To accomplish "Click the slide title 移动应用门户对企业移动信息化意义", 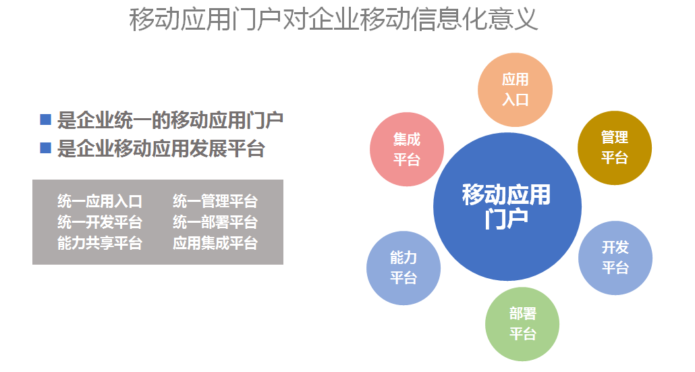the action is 334,19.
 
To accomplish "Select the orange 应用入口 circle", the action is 515,90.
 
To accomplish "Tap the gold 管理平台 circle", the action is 615,148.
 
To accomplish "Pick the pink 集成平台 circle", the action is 407,149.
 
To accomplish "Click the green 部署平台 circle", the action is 522,324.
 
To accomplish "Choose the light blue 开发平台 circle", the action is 615,258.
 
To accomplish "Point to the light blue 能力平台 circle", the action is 404,268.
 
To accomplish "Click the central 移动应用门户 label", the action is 506,207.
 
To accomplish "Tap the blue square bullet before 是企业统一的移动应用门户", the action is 46,119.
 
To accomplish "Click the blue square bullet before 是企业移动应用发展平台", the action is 46,148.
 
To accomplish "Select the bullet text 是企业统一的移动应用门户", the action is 170,120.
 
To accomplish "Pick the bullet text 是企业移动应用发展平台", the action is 161,149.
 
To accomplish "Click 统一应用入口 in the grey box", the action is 100,201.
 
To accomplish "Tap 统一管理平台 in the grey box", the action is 215,201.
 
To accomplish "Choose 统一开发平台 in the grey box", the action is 100,221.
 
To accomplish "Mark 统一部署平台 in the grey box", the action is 215,221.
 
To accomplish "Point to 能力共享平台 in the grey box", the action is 100,242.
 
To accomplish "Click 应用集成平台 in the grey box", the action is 215,242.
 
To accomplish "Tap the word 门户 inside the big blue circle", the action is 506,219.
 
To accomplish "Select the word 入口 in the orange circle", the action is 515,100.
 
